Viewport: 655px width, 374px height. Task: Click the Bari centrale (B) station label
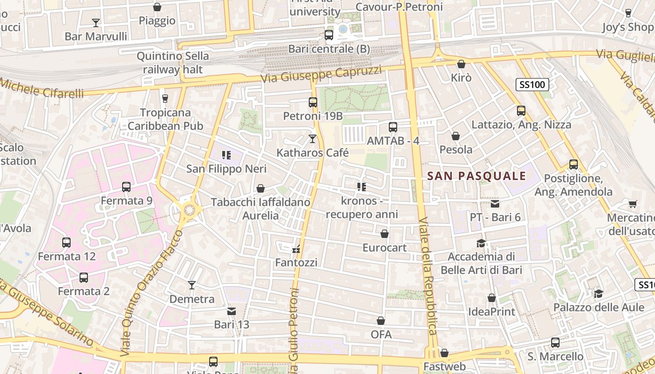coord(329,49)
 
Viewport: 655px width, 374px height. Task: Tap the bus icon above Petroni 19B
coord(313,102)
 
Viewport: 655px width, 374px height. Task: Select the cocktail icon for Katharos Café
coord(313,139)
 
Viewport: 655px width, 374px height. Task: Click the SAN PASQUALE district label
coord(477,176)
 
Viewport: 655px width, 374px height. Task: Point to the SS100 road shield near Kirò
coord(532,85)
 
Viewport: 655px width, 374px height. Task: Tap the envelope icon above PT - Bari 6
coord(495,204)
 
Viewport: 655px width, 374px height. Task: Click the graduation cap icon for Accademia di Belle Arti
coord(481,243)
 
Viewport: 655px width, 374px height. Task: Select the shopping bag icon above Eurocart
coord(385,234)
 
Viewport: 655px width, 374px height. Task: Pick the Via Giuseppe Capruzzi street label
coord(321,74)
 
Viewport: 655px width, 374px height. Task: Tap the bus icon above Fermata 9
coord(126,187)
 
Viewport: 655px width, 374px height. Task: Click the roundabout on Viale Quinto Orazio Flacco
coord(189,210)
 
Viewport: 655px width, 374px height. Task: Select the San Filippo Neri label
coord(226,169)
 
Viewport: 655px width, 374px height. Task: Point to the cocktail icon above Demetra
coord(192,285)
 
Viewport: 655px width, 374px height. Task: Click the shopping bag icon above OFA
coord(381,321)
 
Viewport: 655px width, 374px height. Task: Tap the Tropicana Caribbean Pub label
coord(165,119)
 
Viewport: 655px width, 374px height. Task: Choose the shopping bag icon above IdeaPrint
coord(492,298)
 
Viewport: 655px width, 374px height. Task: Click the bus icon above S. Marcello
coord(555,343)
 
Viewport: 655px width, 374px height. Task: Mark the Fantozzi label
coord(296,263)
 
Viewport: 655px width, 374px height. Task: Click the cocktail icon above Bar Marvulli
coord(96,22)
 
